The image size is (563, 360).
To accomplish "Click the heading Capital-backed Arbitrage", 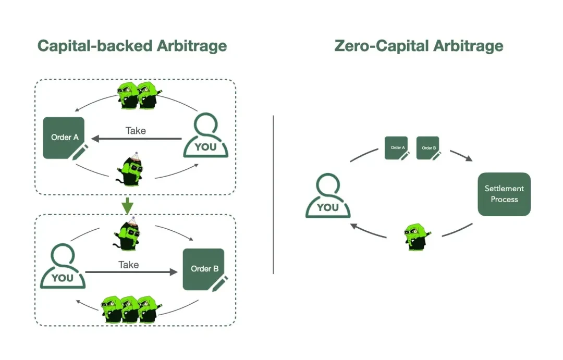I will (132, 45).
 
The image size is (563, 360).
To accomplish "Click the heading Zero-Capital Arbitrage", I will (419, 45).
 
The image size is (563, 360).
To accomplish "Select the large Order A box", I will (64, 138).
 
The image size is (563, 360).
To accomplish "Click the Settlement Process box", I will (504, 194).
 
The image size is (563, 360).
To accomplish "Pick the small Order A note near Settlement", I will (397, 148).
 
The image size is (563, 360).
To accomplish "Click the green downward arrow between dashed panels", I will (127, 206).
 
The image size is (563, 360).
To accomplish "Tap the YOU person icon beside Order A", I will (205, 135).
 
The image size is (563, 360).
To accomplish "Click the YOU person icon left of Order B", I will (63, 267).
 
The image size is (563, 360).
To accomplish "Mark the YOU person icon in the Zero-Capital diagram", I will (328, 196).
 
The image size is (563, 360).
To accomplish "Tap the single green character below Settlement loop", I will (415, 237).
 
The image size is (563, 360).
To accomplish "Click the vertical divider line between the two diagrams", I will (273, 194).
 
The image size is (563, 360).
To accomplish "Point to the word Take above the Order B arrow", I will (128, 265).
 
